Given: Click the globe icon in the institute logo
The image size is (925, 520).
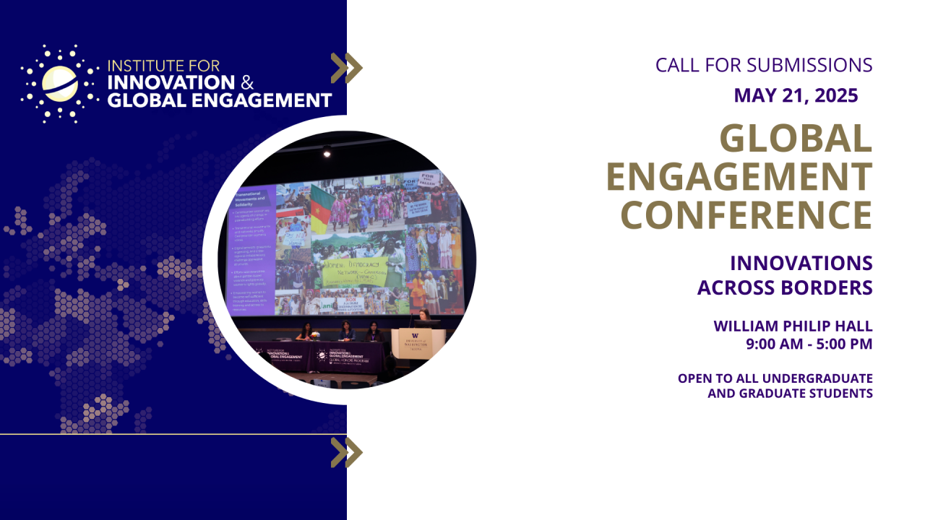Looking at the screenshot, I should [59, 83].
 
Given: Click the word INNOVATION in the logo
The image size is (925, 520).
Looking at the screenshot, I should [171, 82].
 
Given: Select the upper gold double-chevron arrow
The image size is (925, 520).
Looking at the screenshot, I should [346, 68].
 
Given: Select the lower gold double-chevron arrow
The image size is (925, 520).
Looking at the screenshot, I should [346, 452].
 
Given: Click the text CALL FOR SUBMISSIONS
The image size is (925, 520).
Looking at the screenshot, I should [764, 65].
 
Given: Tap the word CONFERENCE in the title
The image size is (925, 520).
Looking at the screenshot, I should [747, 214].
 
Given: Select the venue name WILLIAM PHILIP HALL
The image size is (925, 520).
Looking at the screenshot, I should [793, 326].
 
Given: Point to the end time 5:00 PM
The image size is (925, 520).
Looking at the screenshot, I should [845, 344].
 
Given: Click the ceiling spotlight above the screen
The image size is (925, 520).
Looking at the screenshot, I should [327, 151].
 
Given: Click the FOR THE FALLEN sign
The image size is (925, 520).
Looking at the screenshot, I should [430, 178].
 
